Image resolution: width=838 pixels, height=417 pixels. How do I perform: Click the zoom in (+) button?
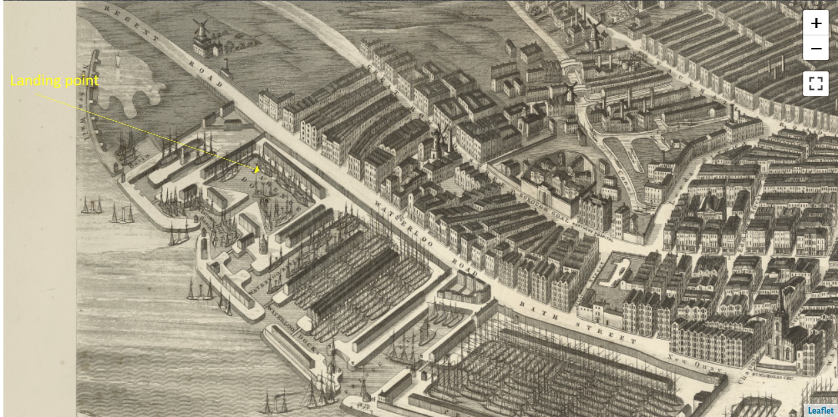816,23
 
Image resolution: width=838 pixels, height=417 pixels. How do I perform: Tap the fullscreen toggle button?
816,83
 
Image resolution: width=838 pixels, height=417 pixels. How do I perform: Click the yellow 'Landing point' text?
54,81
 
